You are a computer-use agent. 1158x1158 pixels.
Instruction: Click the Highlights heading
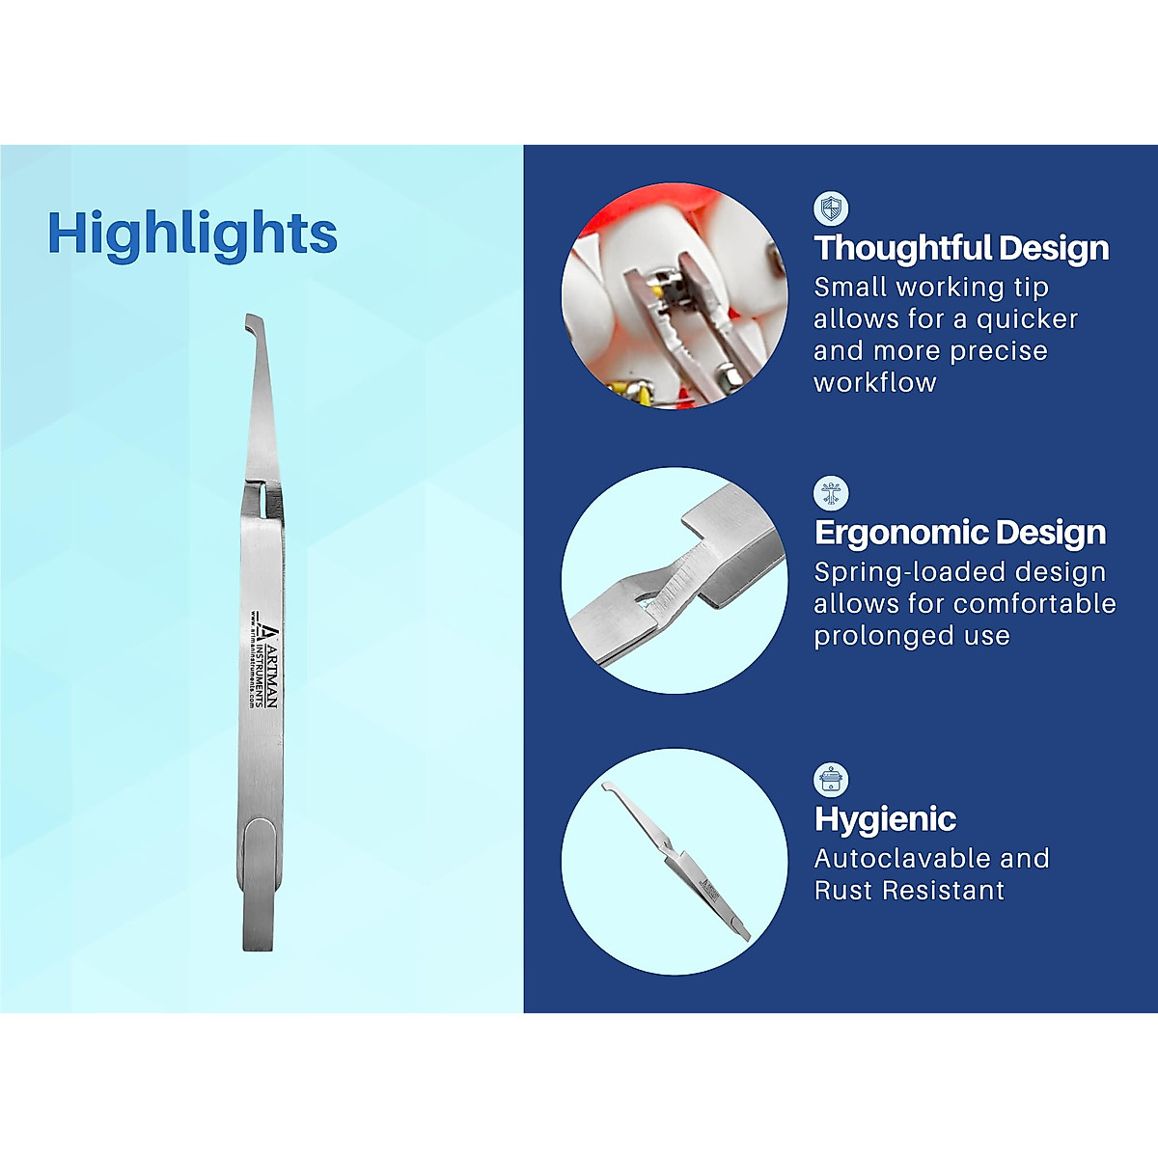click(x=192, y=234)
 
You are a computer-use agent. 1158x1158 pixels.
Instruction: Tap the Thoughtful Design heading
click(x=961, y=248)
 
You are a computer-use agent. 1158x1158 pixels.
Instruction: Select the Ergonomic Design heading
click(x=959, y=533)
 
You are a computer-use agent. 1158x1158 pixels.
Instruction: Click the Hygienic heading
click(x=885, y=819)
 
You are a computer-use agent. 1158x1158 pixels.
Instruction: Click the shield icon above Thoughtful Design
click(x=831, y=208)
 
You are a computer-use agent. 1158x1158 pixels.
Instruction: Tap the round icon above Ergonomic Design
click(x=830, y=493)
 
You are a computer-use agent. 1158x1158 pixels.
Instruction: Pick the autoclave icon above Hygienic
click(x=830, y=779)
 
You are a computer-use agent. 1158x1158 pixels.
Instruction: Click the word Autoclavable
click(x=887, y=859)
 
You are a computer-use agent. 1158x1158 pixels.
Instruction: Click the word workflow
click(x=874, y=383)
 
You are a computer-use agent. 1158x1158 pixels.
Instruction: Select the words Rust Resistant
click(x=909, y=891)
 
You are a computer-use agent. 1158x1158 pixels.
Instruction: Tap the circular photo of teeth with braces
click(x=674, y=295)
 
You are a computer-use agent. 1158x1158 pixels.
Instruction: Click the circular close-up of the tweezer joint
click(x=674, y=580)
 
